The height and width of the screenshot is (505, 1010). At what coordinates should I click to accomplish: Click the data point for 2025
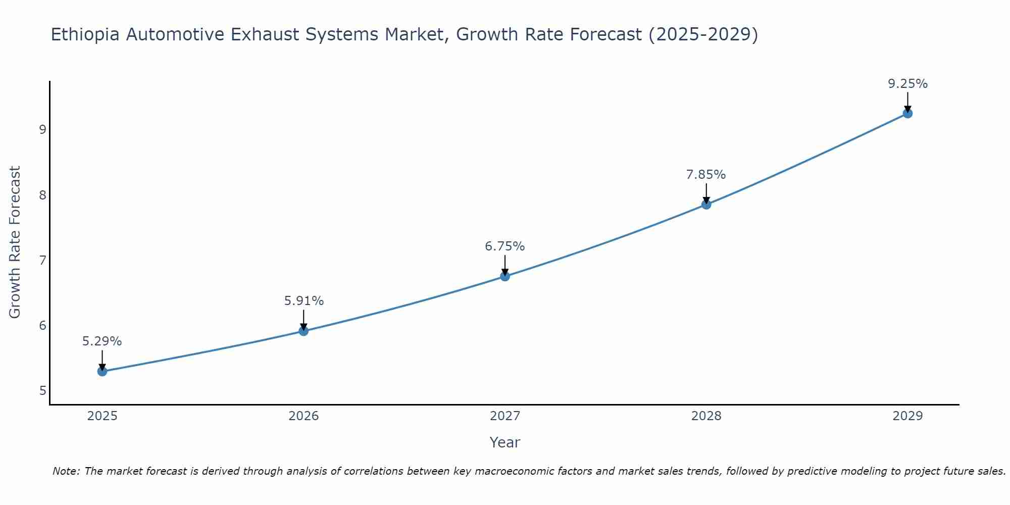tap(102, 372)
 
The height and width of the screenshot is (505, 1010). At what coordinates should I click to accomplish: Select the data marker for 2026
tap(304, 331)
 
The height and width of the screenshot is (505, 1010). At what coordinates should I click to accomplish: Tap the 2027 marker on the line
tap(505, 276)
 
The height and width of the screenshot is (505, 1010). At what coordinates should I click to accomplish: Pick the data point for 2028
tap(706, 205)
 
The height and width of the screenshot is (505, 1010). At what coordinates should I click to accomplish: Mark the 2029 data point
tap(907, 113)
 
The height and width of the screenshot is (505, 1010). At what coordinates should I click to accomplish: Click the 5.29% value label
tap(102, 341)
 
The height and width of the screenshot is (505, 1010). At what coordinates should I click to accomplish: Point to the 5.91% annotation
tap(304, 301)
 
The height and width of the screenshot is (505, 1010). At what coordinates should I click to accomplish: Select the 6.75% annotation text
tap(505, 246)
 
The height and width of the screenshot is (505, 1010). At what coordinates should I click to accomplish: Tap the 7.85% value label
tap(706, 175)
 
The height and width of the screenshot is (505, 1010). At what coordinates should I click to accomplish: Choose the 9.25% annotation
tap(907, 84)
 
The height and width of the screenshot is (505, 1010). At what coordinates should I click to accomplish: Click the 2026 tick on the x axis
tap(304, 416)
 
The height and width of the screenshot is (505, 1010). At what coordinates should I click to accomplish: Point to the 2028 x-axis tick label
tap(706, 416)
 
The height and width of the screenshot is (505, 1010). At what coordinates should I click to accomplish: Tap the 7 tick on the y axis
tap(42, 260)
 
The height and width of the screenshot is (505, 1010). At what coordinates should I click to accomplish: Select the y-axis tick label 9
tap(42, 129)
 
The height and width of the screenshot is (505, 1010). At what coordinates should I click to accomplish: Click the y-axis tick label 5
tap(42, 390)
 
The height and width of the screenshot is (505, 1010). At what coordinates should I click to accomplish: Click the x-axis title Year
tap(504, 442)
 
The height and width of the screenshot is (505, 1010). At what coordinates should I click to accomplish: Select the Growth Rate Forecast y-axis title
tap(15, 242)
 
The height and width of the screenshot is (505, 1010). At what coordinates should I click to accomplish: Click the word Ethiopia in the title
tap(85, 35)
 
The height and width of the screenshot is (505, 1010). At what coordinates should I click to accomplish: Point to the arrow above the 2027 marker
tap(505, 265)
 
